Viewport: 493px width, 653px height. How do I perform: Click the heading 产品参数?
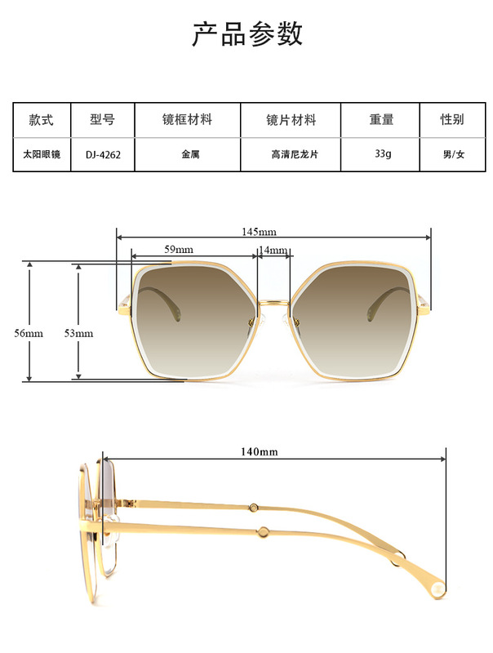click(246, 34)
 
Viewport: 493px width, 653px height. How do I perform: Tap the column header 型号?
click(102, 120)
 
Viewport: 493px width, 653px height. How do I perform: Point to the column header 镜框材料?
click(187, 120)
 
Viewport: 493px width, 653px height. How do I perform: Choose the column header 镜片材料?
click(291, 120)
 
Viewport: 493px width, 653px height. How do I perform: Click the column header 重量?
click(380, 120)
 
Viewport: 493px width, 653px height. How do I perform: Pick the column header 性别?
click(452, 120)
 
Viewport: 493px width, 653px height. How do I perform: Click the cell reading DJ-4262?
click(102, 154)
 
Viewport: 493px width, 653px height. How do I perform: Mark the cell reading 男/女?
click(453, 154)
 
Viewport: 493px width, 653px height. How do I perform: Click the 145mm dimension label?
click(259, 232)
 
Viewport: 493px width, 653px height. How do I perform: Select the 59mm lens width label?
click(179, 249)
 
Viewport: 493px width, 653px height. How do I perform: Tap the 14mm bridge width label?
click(273, 250)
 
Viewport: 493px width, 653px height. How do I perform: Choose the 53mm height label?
click(79, 334)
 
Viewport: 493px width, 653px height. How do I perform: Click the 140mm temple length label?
click(259, 451)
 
